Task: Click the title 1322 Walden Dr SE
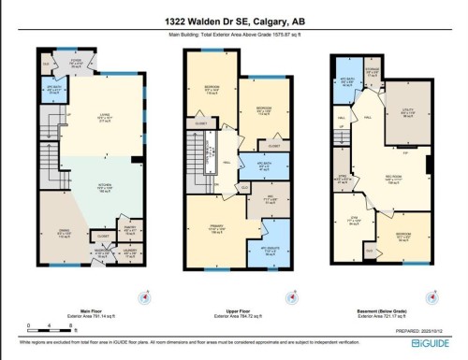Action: pos(234,22)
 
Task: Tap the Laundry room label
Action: pos(130,252)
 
